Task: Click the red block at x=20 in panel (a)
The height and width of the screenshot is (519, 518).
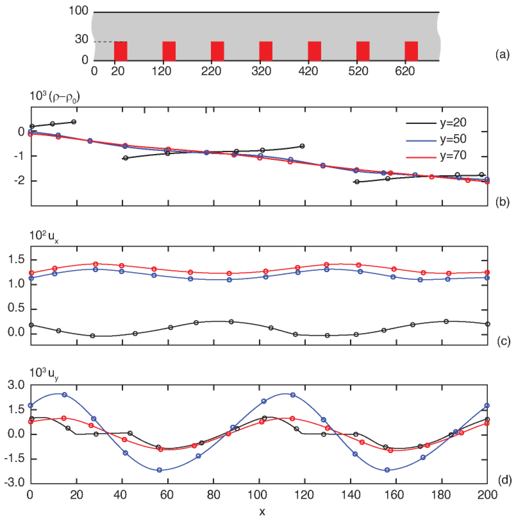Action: [x=121, y=51]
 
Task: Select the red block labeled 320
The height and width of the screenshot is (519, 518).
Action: [x=266, y=51]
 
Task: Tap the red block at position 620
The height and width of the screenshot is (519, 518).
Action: [x=411, y=51]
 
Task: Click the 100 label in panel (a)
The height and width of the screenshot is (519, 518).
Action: [x=78, y=11]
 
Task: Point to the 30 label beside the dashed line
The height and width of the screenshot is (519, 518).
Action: [x=81, y=39]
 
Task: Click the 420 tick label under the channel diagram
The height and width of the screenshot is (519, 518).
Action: [x=308, y=71]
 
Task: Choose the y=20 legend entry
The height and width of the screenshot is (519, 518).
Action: [x=436, y=123]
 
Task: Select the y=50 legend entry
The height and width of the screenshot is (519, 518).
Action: [x=436, y=139]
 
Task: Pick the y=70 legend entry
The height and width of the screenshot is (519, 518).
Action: [x=436, y=156]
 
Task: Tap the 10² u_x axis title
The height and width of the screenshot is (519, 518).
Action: [x=44, y=236]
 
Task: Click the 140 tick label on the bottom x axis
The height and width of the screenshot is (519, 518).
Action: [x=351, y=495]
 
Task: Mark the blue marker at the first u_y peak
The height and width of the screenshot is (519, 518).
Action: [x=65, y=395]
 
